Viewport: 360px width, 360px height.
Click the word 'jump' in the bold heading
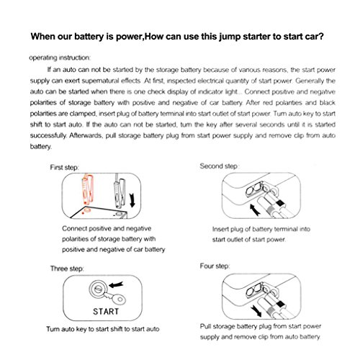coord(230,37)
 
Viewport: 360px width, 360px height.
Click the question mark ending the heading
coord(321,36)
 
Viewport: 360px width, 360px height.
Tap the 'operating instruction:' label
coord(60,58)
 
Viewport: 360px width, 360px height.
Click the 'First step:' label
coord(64,167)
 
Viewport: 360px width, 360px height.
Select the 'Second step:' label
coord(219,166)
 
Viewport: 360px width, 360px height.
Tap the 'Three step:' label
coord(67,269)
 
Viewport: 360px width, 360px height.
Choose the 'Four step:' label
coord(215,266)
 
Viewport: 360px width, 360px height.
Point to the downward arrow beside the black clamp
coord(132,201)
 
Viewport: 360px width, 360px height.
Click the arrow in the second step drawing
coord(254,210)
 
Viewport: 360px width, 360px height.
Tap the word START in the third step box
coord(106,312)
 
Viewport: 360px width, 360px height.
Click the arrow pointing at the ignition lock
coord(116,285)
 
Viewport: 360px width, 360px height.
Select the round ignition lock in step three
coord(97,289)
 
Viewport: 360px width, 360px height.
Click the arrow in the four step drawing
coord(256,311)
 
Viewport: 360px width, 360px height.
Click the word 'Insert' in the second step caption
coord(220,229)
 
